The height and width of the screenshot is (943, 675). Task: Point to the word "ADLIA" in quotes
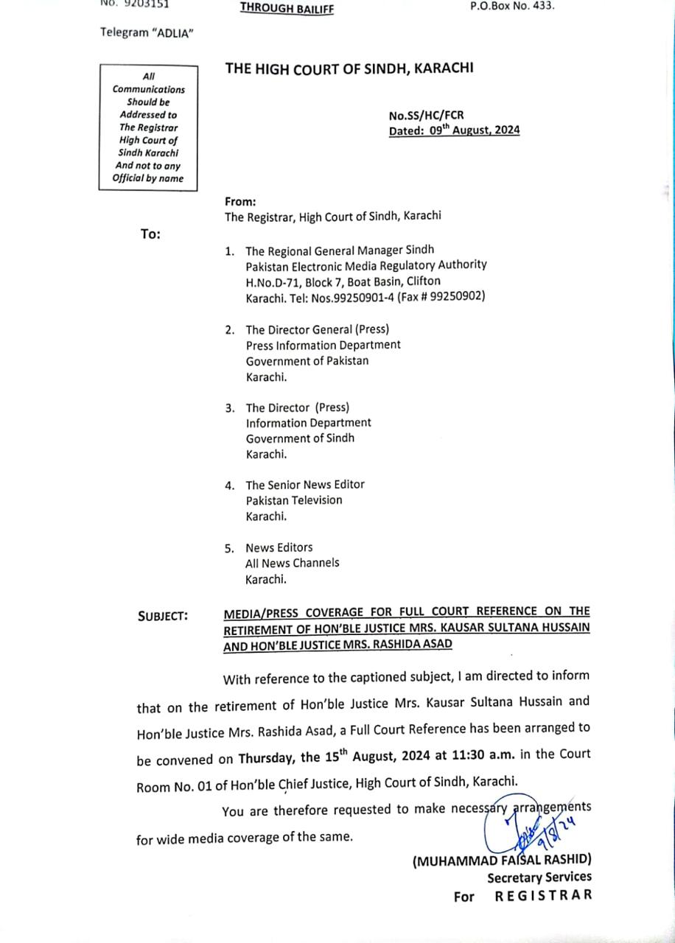coord(172,32)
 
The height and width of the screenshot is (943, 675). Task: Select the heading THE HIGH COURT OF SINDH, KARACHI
coord(349,69)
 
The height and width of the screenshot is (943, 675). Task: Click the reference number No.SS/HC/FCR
coord(427,116)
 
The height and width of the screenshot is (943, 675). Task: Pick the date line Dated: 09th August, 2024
coord(455,130)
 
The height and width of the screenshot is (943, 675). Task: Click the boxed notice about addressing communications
coord(149,127)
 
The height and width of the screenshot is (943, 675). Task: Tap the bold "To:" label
coord(150,234)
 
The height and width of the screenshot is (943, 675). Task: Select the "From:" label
coord(240,201)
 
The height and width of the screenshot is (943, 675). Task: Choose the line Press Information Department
coord(323,345)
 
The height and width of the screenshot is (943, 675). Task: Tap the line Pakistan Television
coord(294,500)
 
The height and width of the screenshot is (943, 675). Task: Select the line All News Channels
coord(293,563)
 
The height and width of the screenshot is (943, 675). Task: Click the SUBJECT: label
coord(163,615)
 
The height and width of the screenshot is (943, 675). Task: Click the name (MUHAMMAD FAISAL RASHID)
coord(502,860)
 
